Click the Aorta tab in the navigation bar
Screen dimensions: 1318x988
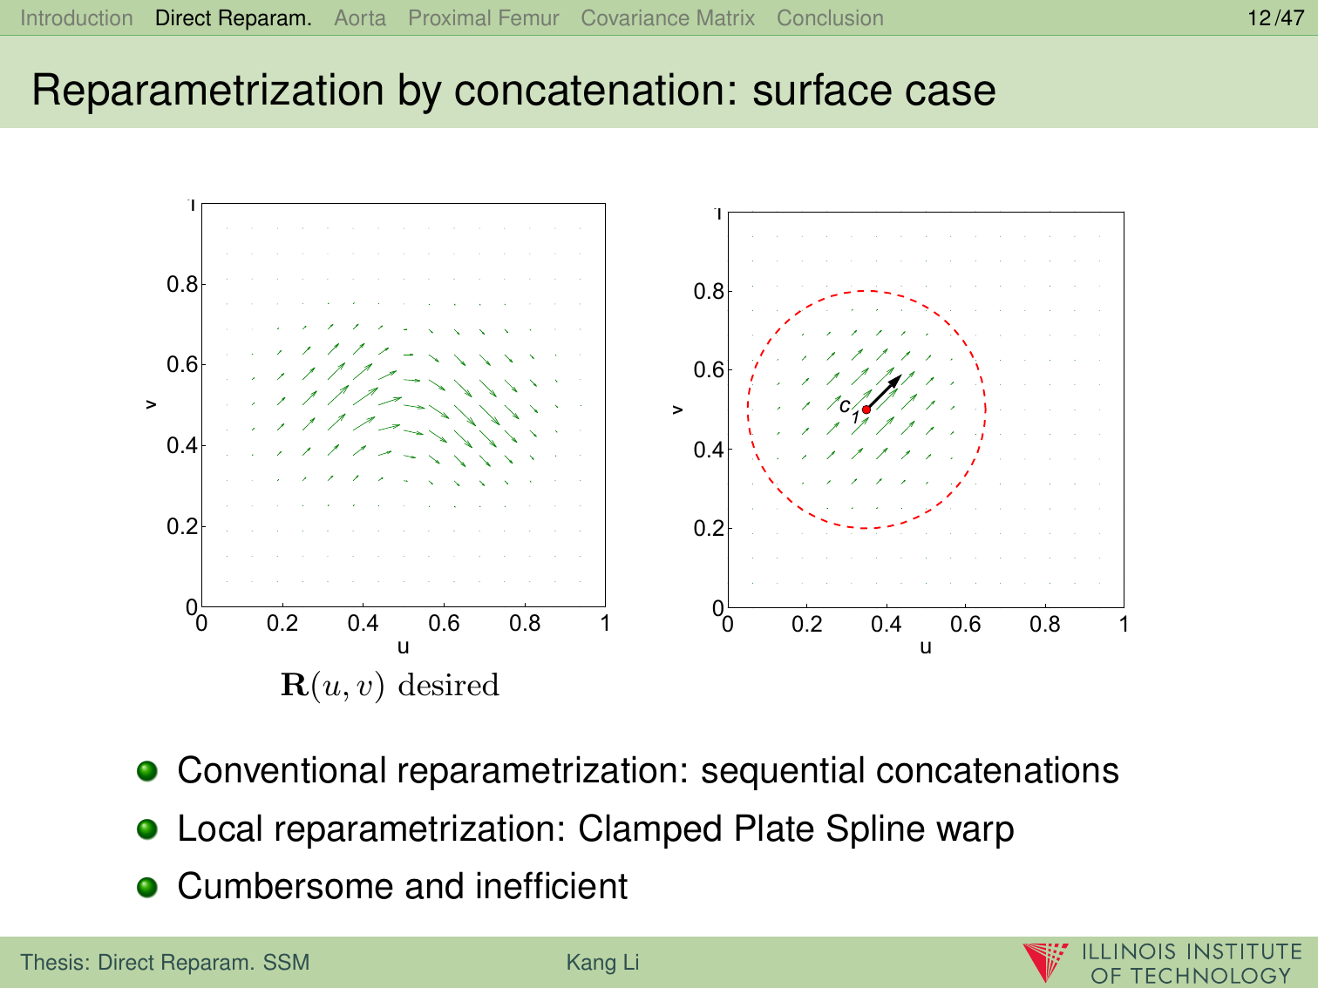click(x=360, y=18)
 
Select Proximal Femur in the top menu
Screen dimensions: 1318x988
click(x=484, y=18)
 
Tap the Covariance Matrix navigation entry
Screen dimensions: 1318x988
click(x=668, y=18)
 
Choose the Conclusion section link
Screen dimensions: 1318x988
click(x=830, y=18)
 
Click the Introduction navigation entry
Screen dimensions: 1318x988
click(x=77, y=18)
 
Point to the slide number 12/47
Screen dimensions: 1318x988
click(x=1276, y=18)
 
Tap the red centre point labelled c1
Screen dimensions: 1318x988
click(x=866, y=409)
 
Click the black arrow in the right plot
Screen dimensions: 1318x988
click(x=884, y=392)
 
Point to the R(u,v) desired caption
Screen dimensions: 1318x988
click(x=391, y=685)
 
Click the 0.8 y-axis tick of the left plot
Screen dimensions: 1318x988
click(x=182, y=284)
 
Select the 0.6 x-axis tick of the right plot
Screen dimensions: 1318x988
click(x=966, y=625)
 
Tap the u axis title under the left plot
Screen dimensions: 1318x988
click(x=403, y=646)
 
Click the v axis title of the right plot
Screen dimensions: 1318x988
click(x=677, y=409)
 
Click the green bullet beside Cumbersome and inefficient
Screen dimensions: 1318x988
click(x=147, y=887)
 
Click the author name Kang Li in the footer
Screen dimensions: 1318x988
click(x=602, y=962)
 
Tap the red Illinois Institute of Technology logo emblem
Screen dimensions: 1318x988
click(x=1045, y=962)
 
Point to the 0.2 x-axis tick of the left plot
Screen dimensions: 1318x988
click(x=282, y=623)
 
